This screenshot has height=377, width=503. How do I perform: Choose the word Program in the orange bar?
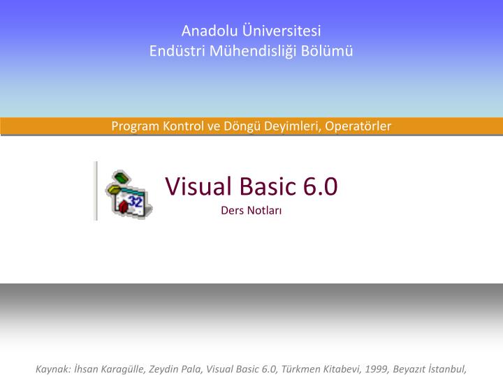tap(136, 126)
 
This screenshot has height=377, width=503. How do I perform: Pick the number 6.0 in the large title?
tap(321, 186)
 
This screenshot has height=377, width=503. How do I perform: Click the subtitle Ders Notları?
tap(251, 210)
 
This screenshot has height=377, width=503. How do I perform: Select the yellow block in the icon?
tap(112, 188)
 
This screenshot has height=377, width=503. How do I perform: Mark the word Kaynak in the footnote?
tap(52, 369)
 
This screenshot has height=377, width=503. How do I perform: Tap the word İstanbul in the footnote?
tap(445, 369)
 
